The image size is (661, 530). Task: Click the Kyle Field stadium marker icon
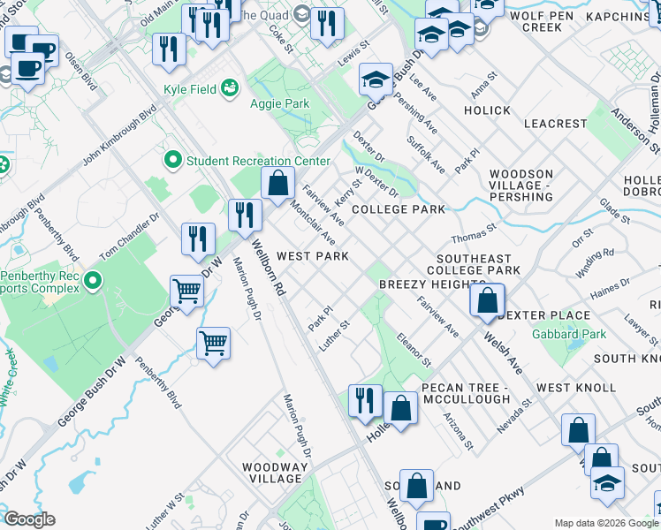[x=230, y=87]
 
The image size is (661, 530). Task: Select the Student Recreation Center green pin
[x=172, y=161]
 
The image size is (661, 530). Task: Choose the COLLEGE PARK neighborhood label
[x=398, y=209]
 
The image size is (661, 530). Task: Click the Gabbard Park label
[x=569, y=335]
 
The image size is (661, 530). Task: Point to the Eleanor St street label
[x=414, y=350]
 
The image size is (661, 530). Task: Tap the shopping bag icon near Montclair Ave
[x=278, y=184]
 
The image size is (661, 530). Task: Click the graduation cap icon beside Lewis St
[x=376, y=81]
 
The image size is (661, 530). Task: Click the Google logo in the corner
[x=29, y=519]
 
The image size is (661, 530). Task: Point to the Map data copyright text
[x=607, y=523]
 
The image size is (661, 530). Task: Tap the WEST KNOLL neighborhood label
[x=575, y=388]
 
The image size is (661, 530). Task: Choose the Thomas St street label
[x=468, y=238]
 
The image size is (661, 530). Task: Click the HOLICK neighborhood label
[x=487, y=110]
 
